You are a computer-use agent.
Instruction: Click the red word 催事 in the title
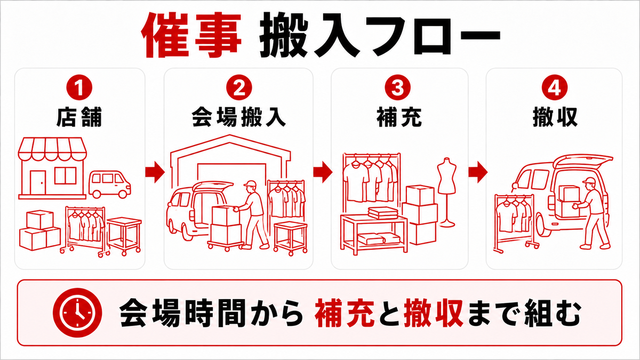pyautogui.click(x=191, y=35)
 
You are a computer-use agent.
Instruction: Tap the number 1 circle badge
pyautogui.click(x=79, y=87)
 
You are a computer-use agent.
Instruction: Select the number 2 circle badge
pyautogui.click(x=239, y=87)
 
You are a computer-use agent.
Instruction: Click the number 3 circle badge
pyautogui.click(x=397, y=87)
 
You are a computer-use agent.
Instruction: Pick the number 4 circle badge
pyautogui.click(x=554, y=87)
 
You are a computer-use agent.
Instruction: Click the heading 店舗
pyautogui.click(x=79, y=117)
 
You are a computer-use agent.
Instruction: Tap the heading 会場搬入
pyautogui.click(x=239, y=117)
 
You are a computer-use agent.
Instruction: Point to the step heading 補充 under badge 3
pyautogui.click(x=399, y=117)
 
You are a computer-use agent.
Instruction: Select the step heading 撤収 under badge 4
pyautogui.click(x=555, y=117)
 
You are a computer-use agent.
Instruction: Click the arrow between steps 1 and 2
pyautogui.click(x=155, y=172)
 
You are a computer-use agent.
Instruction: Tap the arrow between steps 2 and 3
pyautogui.click(x=323, y=172)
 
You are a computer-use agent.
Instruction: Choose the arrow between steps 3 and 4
pyautogui.click(x=478, y=172)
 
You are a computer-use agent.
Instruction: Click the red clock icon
pyautogui.click(x=77, y=313)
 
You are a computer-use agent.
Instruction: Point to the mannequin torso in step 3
pyautogui.click(x=447, y=177)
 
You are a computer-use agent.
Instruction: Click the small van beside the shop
pyautogui.click(x=110, y=185)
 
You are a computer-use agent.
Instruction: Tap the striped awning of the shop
pyautogui.click(x=52, y=149)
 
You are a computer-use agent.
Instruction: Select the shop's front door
pyautogui.click(x=38, y=182)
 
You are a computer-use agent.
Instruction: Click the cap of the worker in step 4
pyautogui.click(x=589, y=181)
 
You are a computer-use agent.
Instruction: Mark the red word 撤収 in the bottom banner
pyautogui.click(x=434, y=313)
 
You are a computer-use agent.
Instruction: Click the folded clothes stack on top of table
pyautogui.click(x=383, y=213)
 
